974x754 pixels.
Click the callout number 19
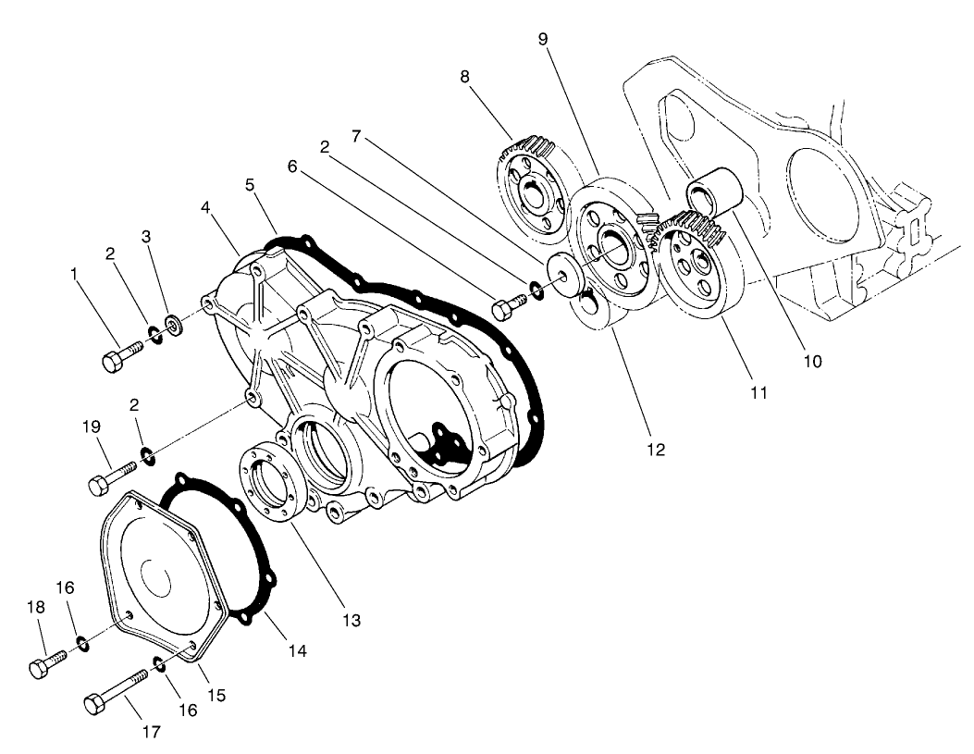point(92,429)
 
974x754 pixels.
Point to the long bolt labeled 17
point(117,692)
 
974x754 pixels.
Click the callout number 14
point(296,651)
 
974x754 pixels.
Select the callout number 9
point(544,39)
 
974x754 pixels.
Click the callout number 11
point(758,393)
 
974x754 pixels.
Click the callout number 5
point(251,184)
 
